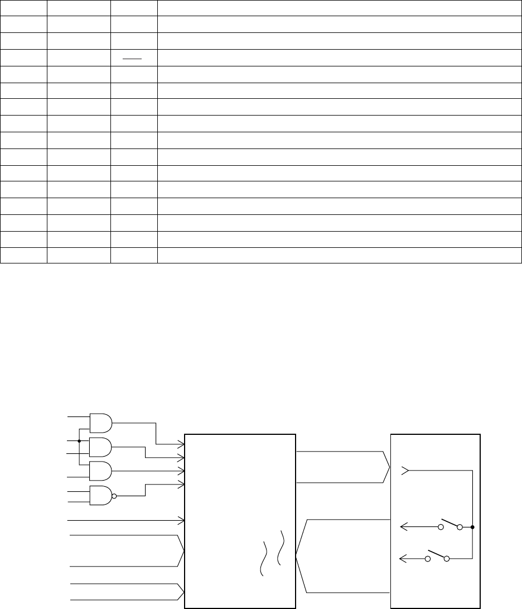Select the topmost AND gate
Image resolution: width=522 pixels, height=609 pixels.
[x=100, y=424]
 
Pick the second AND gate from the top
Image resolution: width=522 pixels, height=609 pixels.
[x=100, y=447]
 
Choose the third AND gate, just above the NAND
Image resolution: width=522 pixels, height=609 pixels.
[x=100, y=471]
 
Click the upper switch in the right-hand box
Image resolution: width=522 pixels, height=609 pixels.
[x=451, y=525]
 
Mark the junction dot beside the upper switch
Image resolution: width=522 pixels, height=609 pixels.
[x=472, y=527]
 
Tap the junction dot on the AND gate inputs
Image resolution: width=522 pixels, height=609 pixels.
[x=79, y=441]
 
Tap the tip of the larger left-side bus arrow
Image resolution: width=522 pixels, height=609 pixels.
[x=183, y=550]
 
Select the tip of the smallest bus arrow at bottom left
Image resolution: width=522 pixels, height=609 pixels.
[x=183, y=592]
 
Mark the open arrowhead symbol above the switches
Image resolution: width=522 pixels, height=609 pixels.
[x=405, y=471]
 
